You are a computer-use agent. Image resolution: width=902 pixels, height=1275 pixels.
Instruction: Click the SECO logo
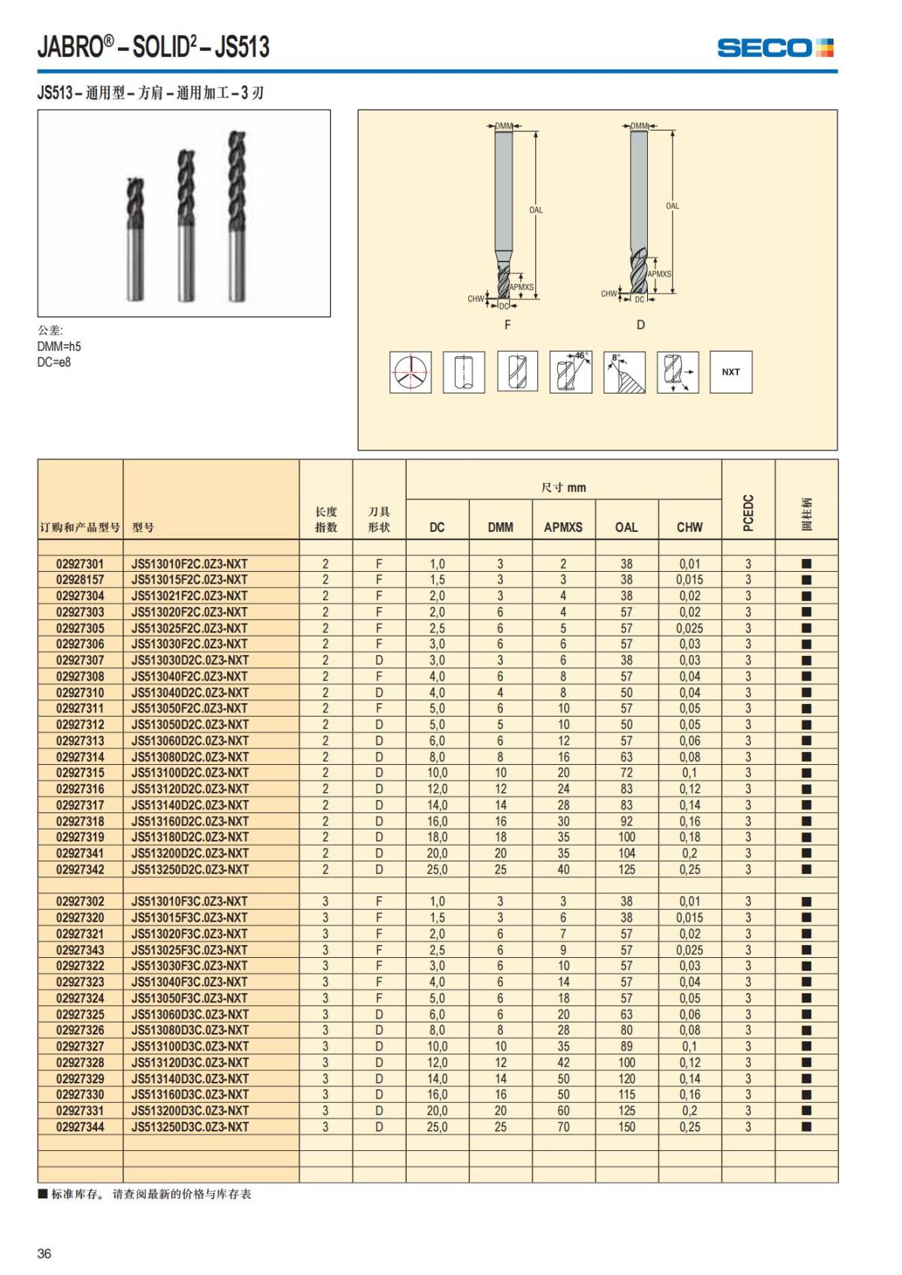coord(775,48)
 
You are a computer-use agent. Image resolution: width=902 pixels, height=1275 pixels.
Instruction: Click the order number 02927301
coord(80,563)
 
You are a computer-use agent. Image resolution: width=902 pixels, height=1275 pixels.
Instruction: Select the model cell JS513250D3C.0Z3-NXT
coord(189,1127)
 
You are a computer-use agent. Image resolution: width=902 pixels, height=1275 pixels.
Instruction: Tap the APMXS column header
coord(563,527)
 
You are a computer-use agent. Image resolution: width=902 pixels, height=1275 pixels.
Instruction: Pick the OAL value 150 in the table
coord(626,1127)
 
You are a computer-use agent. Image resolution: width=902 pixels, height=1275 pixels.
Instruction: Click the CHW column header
coord(689,527)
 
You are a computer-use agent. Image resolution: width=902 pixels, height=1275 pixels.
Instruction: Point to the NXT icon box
coord(731,372)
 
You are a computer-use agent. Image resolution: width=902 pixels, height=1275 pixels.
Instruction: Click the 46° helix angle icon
coord(571,372)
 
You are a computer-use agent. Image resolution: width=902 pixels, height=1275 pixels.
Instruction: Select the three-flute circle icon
coord(410,372)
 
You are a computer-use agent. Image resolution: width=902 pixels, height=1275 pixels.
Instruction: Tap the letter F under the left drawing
coord(507,325)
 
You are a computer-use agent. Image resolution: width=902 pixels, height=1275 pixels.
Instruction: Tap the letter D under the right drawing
coord(640,325)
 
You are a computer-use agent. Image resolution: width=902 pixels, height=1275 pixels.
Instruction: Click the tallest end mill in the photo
coord(238,216)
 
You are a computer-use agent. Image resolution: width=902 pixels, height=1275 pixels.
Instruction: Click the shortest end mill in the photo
coord(135,239)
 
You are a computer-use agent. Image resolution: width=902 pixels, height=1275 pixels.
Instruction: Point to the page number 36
coord(44,1253)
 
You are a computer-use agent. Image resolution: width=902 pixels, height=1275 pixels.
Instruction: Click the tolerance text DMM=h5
coord(59,346)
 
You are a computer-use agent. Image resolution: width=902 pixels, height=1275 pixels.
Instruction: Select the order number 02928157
coord(80,580)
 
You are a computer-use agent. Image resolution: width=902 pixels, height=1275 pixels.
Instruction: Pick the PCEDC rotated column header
coord(748,512)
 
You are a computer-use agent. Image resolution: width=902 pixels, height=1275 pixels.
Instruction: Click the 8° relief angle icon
coord(624,372)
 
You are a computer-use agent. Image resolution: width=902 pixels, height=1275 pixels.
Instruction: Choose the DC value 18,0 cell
coord(437,837)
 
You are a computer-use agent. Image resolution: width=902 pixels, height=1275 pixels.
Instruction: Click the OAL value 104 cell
coord(626,854)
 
